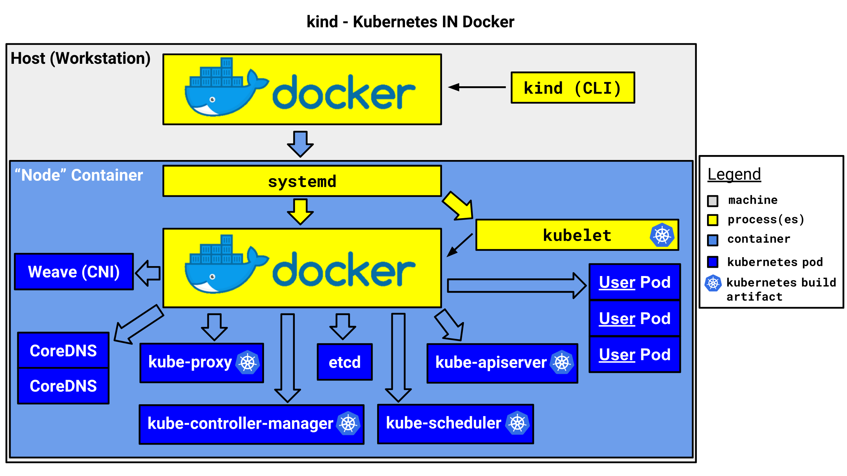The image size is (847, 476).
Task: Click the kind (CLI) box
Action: tap(572, 88)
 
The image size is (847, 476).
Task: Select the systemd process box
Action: tap(302, 181)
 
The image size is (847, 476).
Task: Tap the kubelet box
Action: tap(577, 235)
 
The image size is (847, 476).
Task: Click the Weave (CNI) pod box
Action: tap(74, 272)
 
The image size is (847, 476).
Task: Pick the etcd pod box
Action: tap(344, 362)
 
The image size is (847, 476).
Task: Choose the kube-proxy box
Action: tap(201, 363)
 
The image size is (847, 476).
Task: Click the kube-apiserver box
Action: tap(502, 363)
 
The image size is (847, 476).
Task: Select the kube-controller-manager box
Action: tap(251, 424)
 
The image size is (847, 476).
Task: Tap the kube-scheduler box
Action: tap(455, 424)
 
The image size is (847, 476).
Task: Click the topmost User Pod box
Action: tap(634, 282)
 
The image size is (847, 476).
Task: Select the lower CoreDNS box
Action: tap(63, 386)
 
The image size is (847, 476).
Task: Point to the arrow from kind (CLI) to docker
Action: tap(477, 87)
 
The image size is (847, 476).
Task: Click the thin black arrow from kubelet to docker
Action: tap(460, 245)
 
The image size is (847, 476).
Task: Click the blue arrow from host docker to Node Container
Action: tap(300, 144)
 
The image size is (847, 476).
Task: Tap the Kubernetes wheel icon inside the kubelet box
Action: tap(662, 235)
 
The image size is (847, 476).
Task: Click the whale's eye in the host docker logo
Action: tap(212, 99)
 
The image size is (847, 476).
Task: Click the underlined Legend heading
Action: tap(734, 174)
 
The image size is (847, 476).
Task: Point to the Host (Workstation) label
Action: tap(80, 59)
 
